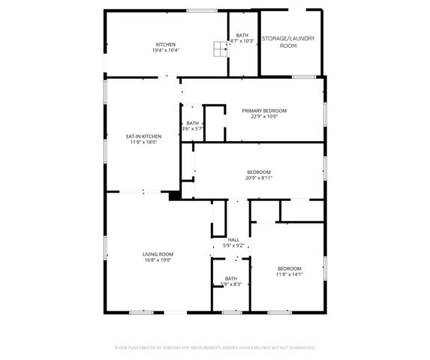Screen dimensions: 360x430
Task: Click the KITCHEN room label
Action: coord(166,44)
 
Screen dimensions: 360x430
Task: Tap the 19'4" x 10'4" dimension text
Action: coord(166,50)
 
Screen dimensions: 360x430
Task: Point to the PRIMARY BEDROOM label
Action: coord(264,110)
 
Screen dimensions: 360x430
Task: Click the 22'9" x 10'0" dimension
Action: coord(264,116)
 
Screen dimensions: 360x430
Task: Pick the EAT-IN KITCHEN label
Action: coord(143,136)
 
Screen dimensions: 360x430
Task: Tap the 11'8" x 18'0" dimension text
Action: coord(143,142)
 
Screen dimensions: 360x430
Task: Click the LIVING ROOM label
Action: coord(158,254)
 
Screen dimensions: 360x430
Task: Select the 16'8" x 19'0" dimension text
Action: coord(158,260)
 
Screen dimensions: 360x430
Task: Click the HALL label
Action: coord(233,240)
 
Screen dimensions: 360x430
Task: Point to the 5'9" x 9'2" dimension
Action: coord(233,246)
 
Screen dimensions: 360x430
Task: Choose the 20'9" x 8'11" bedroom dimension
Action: coord(258,178)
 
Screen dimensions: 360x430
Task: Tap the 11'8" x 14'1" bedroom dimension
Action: coord(289,274)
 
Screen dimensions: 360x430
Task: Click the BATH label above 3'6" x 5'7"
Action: coord(193,123)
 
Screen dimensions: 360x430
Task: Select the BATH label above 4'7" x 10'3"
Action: coord(242,35)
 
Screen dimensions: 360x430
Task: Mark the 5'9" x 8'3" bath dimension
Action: coord(231,284)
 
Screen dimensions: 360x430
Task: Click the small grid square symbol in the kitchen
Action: coord(219,49)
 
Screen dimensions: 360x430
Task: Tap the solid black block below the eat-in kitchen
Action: coord(174,196)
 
